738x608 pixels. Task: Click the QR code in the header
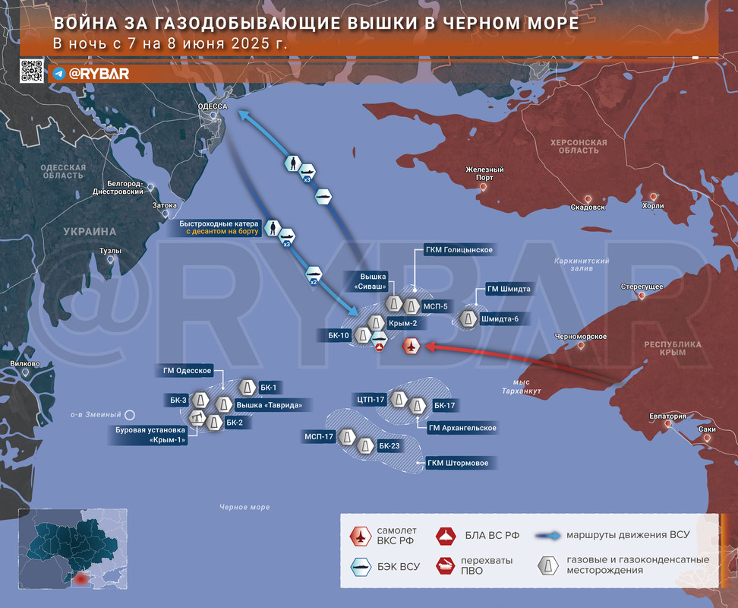[33, 71]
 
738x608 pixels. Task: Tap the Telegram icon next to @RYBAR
[59, 74]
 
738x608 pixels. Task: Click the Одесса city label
[213, 107]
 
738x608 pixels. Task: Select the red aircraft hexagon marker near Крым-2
[411, 347]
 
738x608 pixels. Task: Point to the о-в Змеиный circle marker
[130, 415]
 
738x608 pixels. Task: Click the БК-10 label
[339, 335]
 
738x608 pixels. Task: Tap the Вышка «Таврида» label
[270, 405]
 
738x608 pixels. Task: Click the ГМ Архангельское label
[462, 428]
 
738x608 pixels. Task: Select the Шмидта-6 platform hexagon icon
[467, 318]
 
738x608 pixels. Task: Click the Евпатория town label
[668, 416]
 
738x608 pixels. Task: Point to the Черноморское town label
[580, 336]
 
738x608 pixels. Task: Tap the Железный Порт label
[485, 173]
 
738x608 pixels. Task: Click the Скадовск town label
[588, 207]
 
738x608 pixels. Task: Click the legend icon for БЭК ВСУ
[359, 565]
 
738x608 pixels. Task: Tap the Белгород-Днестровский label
[125, 188]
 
